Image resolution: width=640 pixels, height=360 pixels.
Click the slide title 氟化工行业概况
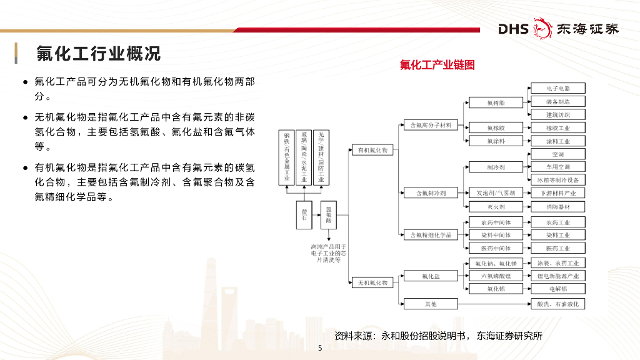coord(97,54)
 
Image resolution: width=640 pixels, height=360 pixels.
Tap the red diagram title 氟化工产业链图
coord(437,65)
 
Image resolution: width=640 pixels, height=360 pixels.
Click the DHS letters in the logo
coord(513,29)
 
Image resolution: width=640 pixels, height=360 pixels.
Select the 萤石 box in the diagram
coord(304,214)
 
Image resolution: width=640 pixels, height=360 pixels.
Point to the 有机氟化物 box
coord(372,150)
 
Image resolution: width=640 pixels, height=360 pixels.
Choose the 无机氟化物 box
coord(372,282)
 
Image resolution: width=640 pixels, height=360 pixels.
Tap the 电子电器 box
coord(557,88)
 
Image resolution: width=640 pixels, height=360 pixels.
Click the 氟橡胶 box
coord(496,127)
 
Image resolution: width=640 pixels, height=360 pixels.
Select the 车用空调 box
coord(557,167)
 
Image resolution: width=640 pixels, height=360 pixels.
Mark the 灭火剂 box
coord(496,206)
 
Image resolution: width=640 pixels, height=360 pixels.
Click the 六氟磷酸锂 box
coord(496,276)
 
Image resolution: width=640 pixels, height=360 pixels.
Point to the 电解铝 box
coord(557,289)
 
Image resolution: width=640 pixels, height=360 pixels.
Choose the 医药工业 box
coord(557,248)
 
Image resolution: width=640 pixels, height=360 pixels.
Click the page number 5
coord(320,349)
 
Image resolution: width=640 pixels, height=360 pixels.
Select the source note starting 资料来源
coord(438,336)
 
